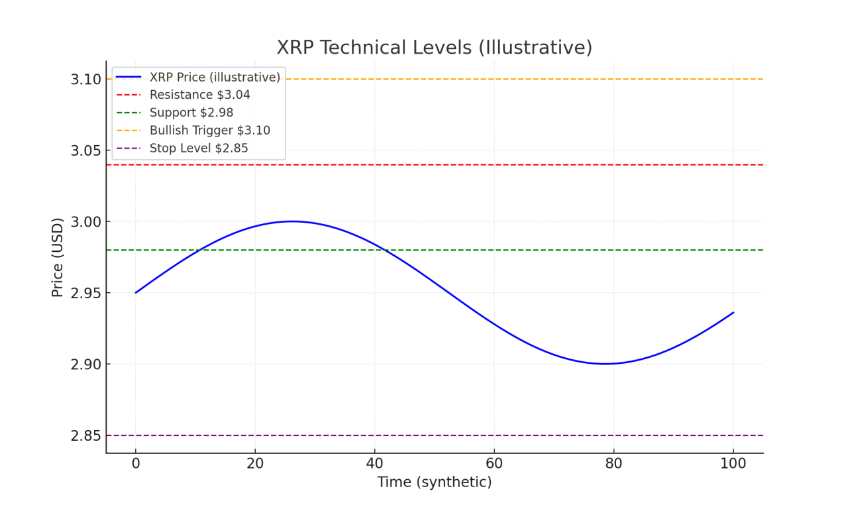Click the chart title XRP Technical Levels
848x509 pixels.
click(x=434, y=48)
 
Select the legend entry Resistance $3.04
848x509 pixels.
click(x=199, y=95)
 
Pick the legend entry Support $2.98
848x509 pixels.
click(x=191, y=113)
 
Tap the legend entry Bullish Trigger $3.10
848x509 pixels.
click(x=209, y=131)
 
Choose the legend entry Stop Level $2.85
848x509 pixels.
click(x=199, y=148)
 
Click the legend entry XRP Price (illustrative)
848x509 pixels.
click(x=215, y=78)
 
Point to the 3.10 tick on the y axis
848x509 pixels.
click(x=86, y=80)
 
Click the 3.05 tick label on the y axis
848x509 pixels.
click(x=86, y=150)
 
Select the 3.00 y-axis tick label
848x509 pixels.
click(x=86, y=222)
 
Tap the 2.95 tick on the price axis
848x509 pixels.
click(x=86, y=293)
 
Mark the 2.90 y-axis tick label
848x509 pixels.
click(x=86, y=365)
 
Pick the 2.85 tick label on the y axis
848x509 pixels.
click(x=86, y=435)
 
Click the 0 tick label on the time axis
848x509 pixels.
click(x=136, y=463)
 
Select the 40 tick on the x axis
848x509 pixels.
click(x=375, y=463)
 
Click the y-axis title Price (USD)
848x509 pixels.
click(x=58, y=257)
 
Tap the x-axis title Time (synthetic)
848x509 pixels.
click(x=435, y=482)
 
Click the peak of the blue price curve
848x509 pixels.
click(x=292, y=221)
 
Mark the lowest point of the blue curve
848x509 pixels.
click(x=605, y=364)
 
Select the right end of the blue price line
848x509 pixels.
click(x=733, y=312)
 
